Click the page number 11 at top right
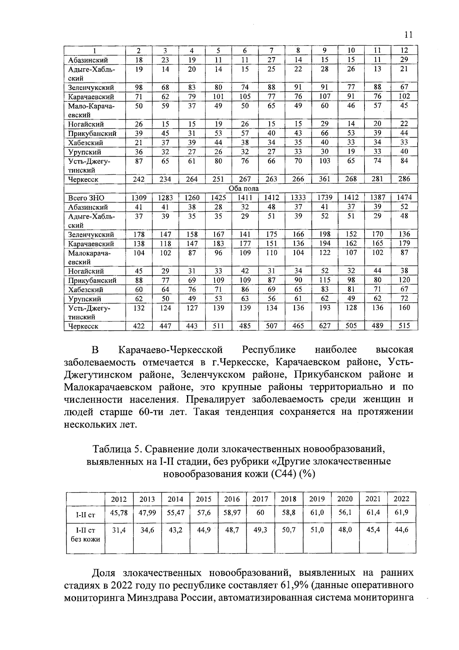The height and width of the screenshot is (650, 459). point(408,35)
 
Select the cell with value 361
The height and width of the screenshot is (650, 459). point(324,179)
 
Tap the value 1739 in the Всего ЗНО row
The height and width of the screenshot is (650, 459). point(324,198)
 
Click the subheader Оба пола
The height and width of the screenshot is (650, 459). point(243,188)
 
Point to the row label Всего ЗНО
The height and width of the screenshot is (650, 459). point(86,198)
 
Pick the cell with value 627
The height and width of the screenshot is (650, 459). point(324,326)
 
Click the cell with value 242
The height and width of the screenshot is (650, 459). point(138,179)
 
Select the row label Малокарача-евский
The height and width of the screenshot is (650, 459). point(89,257)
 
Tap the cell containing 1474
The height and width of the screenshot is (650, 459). point(404,198)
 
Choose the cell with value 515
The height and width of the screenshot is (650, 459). point(404,326)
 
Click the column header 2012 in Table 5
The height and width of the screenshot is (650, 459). point(119,499)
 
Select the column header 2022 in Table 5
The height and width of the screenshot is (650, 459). point(402,499)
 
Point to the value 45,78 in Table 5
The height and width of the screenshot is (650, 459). point(119,512)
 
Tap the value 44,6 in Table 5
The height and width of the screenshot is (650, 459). point(402,530)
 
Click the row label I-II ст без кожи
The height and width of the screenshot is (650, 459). point(85,535)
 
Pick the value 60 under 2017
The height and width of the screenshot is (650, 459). point(260,512)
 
